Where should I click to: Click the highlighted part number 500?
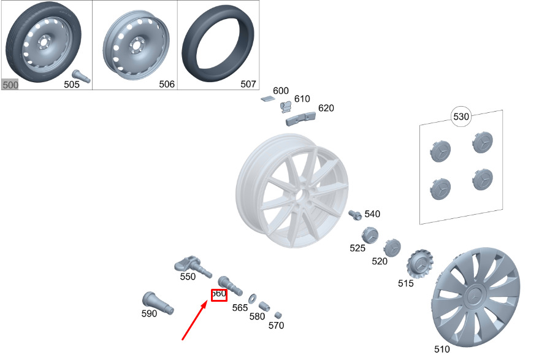click(x=10, y=85)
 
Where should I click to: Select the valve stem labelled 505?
click(x=82, y=76)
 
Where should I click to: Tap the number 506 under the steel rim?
click(x=167, y=84)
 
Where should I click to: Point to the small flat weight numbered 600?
click(x=267, y=99)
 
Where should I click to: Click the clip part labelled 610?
click(x=286, y=107)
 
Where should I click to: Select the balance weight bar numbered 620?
click(x=300, y=118)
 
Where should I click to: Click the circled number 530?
click(x=461, y=117)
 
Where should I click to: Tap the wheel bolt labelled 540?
click(x=355, y=215)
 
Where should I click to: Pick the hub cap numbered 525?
click(x=370, y=235)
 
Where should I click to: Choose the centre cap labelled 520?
click(x=392, y=247)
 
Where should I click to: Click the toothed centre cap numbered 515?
click(x=419, y=264)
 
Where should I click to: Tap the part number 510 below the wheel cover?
click(x=442, y=350)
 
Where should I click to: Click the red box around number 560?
click(x=219, y=295)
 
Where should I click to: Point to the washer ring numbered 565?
click(x=252, y=299)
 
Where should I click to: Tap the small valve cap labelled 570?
click(x=278, y=315)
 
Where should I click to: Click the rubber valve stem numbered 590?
click(x=158, y=303)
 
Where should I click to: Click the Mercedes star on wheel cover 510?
click(x=475, y=296)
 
